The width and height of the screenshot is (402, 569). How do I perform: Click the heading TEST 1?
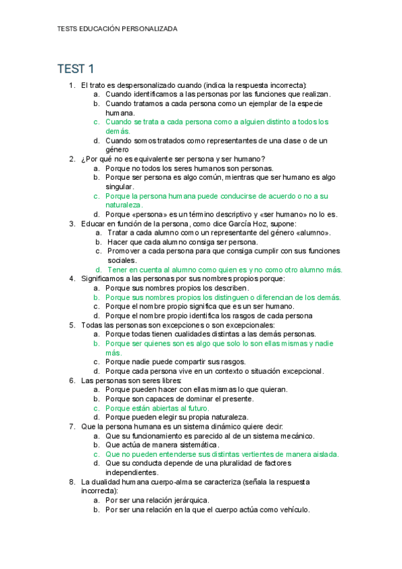pos(76,68)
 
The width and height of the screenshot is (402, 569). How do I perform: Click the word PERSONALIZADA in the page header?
pos(148,29)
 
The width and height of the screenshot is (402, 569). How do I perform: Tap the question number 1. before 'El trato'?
pos(72,85)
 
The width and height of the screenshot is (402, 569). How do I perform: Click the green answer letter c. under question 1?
pos(97,122)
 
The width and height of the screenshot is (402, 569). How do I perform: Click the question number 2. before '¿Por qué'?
pos(72,159)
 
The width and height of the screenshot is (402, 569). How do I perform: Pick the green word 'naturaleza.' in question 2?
pos(123,205)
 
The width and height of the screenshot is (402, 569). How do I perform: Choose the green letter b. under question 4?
pos(97,297)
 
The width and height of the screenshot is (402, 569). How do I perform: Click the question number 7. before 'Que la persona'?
pos(72,426)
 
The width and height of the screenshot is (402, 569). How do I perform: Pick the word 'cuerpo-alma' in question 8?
pos(177,482)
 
